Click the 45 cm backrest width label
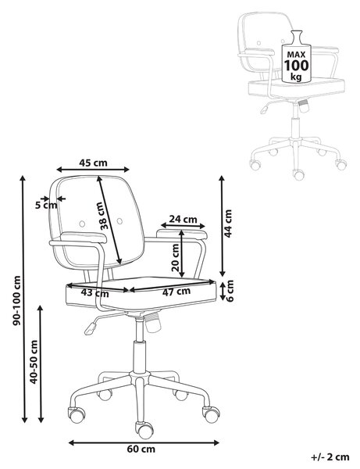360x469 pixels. point(93,163)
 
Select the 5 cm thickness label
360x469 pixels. point(46,205)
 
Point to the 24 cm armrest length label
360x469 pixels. point(184,219)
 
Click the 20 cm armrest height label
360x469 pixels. point(176,257)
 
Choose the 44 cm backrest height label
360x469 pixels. point(228,224)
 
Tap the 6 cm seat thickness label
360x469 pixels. point(230,291)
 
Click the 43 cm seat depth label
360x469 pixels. point(95,292)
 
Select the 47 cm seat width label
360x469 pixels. point(176,292)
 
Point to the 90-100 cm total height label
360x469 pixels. point(16,300)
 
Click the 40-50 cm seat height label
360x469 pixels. point(34,362)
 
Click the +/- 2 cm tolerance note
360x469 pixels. point(330,457)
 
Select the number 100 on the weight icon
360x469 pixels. point(296,65)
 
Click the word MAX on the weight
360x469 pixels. point(296,55)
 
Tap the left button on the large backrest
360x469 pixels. point(82,224)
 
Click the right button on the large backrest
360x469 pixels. point(119,221)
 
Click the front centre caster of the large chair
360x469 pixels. point(145,430)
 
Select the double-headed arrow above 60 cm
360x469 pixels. point(144,442)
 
